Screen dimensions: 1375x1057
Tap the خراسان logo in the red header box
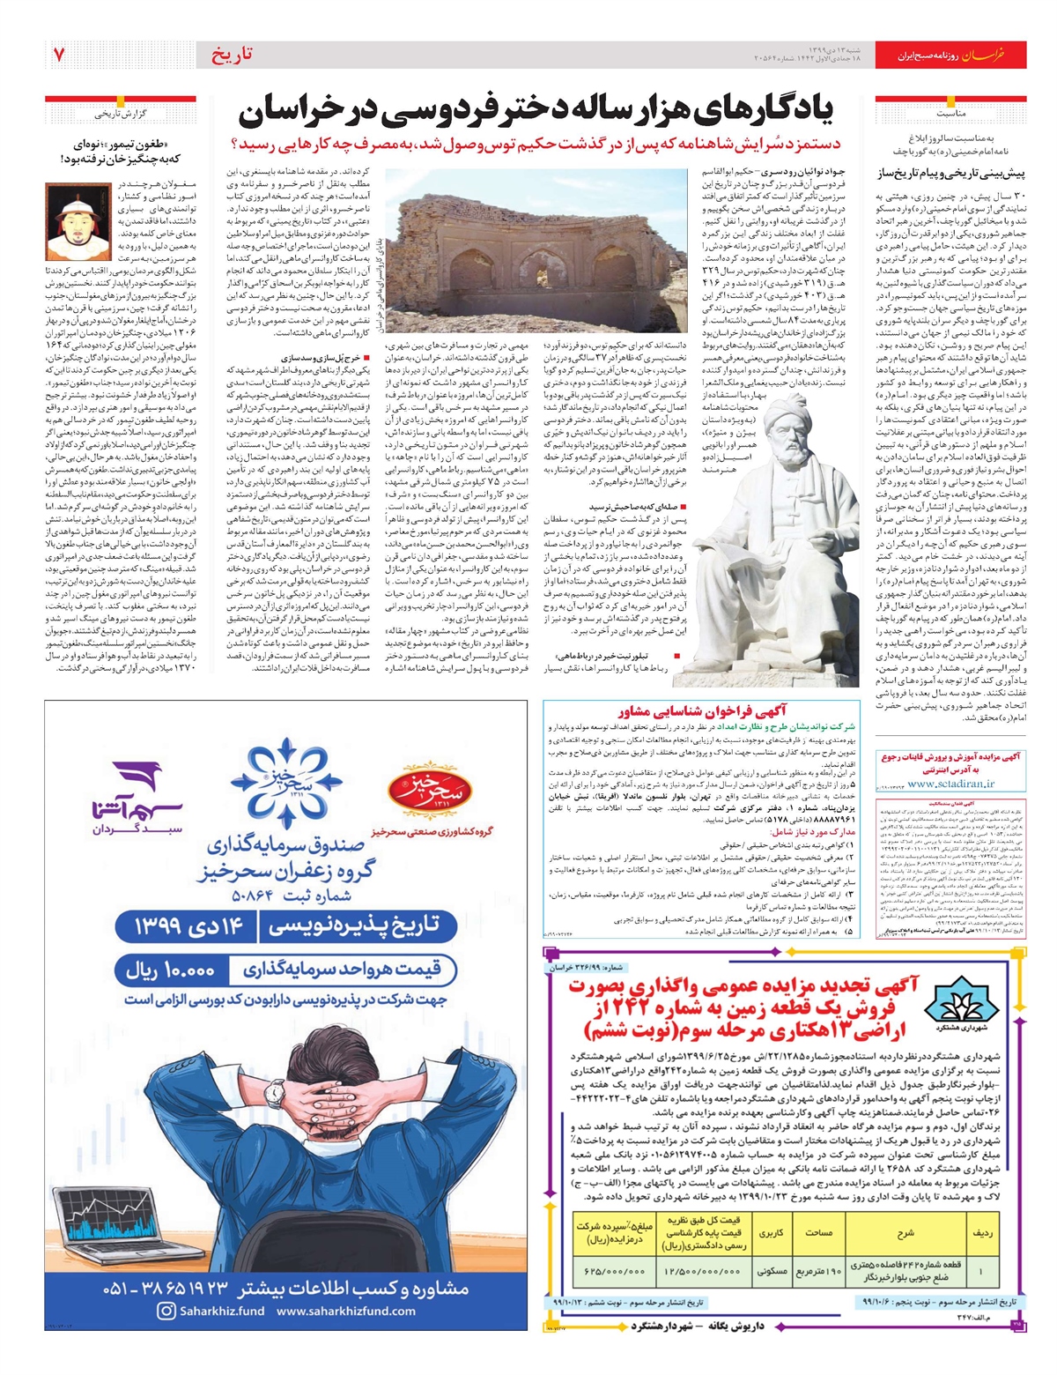[x=999, y=56]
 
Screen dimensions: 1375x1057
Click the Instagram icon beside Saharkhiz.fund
[x=166, y=1311]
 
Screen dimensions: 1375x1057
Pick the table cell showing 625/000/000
[x=614, y=1271]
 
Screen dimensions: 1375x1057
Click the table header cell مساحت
[x=819, y=1233]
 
